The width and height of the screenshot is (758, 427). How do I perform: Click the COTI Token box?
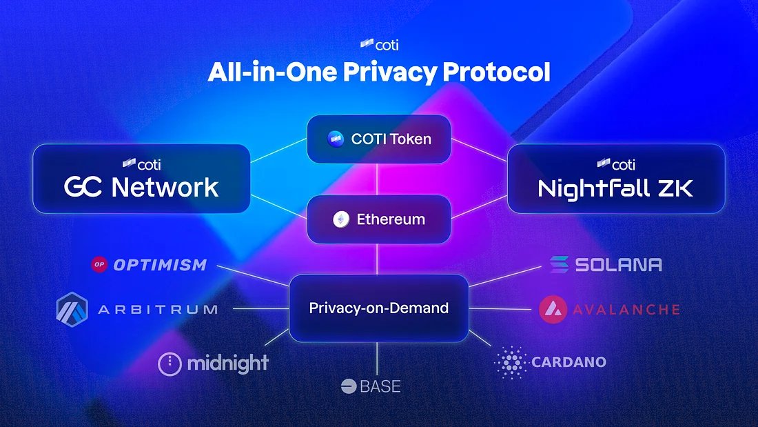(378, 139)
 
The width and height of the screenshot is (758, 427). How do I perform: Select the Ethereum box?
(378, 219)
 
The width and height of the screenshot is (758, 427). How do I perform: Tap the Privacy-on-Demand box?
(378, 308)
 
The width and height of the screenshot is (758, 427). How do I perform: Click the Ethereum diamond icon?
(341, 219)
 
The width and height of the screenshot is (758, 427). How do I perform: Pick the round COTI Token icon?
(336, 139)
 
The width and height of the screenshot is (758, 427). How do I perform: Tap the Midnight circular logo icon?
(170, 364)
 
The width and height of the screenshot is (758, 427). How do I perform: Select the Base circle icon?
(348, 386)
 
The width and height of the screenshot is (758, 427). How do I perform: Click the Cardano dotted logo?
(511, 362)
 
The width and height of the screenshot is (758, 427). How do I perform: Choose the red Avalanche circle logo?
(553, 310)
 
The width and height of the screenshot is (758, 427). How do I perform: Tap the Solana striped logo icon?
(559, 264)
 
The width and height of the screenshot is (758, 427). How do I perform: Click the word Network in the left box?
(165, 187)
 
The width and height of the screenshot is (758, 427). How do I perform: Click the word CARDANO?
(568, 362)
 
